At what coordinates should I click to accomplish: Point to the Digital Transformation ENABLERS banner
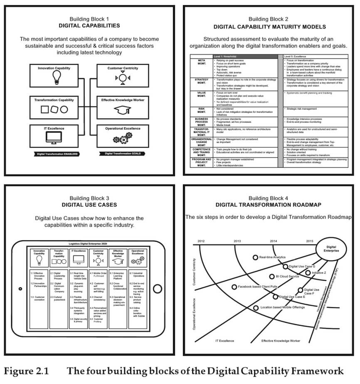tap(57, 154)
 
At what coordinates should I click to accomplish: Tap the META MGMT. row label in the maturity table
tap(201, 63)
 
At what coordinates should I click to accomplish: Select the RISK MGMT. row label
tap(201, 111)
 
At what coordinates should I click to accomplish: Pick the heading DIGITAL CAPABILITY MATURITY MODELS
tap(270, 27)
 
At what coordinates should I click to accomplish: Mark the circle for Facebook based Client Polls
tap(234, 287)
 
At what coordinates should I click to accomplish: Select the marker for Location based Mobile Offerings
tap(256, 307)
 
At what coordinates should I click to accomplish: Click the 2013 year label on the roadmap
tap(237, 241)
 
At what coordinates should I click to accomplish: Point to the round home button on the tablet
tap(157, 289)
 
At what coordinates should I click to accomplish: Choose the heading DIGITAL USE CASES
tap(89, 205)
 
